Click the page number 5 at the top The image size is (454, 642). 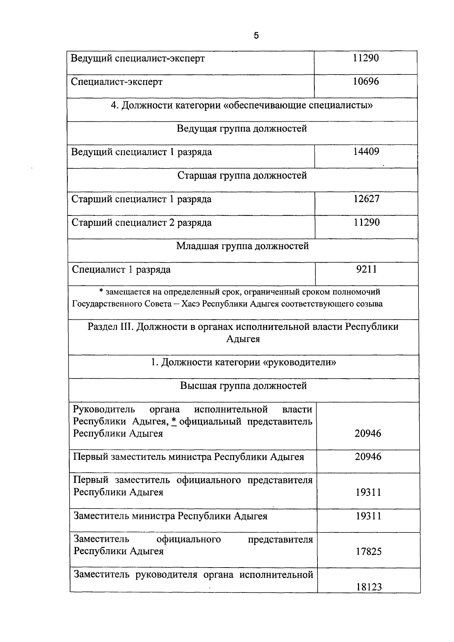[x=256, y=36]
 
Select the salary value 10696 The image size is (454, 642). [x=366, y=82]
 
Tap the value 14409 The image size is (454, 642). [x=366, y=152]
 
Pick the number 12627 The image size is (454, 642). [x=366, y=199]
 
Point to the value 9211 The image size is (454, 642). [x=366, y=269]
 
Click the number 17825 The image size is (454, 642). [x=368, y=552]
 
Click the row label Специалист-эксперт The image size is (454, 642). [x=117, y=82]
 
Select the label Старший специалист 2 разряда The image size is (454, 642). [x=141, y=223]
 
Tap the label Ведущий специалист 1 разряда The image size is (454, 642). [x=141, y=152]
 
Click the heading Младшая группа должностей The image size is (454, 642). [x=243, y=246]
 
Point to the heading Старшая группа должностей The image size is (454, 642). [x=242, y=176]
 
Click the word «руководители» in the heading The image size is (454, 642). [x=300, y=363]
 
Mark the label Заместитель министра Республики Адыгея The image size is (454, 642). [x=170, y=516]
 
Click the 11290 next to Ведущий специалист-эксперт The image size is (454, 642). [x=366, y=58]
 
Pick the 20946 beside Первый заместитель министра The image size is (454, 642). [x=368, y=457]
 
